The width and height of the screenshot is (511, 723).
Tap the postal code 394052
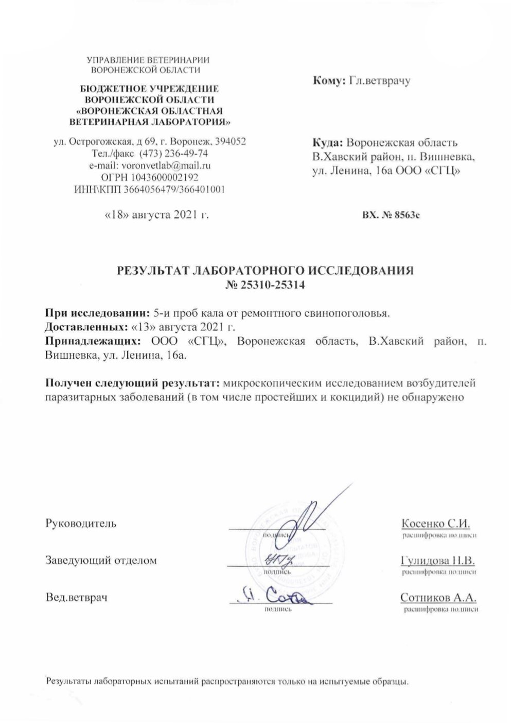(x=227, y=141)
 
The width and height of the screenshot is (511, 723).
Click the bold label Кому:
(x=328, y=80)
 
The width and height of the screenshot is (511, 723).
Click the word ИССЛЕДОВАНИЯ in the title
(x=364, y=271)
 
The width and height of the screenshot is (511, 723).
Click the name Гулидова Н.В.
(x=437, y=561)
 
